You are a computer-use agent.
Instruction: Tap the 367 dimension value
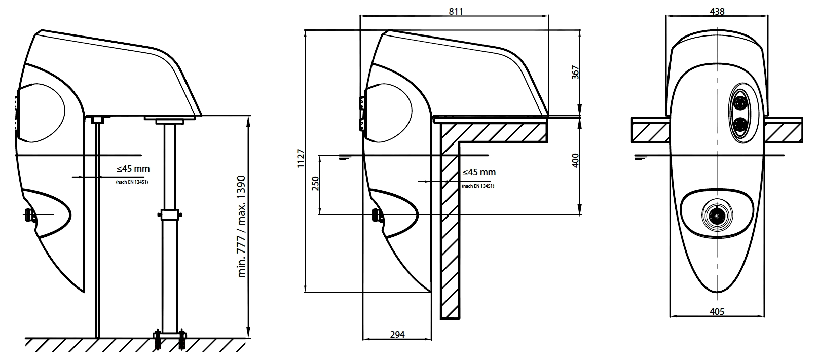click(x=575, y=72)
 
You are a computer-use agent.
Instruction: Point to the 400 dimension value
click(x=575, y=160)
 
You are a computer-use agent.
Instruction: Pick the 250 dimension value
click(x=315, y=183)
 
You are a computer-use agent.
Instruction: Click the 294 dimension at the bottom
click(x=397, y=335)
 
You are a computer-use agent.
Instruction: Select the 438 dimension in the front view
click(x=717, y=11)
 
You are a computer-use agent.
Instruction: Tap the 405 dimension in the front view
click(x=717, y=311)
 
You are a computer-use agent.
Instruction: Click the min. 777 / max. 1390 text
click(x=242, y=227)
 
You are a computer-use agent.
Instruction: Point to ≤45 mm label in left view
click(x=130, y=169)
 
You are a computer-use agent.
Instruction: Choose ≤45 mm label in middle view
click(x=479, y=172)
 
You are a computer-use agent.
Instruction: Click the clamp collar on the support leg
click(x=171, y=215)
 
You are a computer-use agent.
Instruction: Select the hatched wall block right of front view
click(x=784, y=130)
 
